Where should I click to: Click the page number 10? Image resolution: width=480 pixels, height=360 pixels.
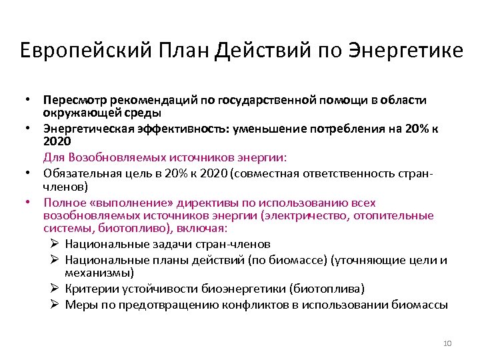(447, 343)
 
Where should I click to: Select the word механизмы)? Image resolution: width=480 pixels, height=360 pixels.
(99, 273)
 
